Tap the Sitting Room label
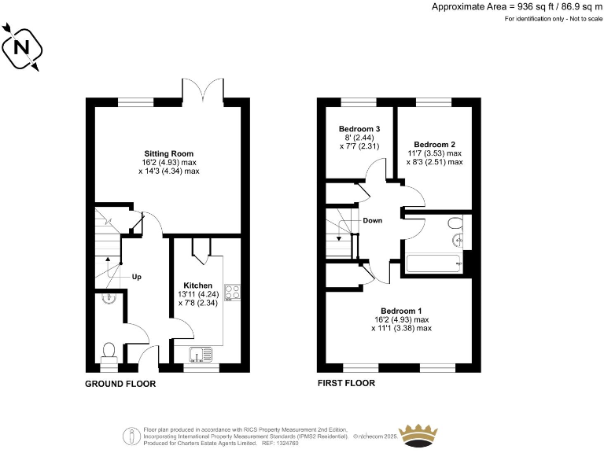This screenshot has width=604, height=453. [x=168, y=153]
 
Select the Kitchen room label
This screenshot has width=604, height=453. [x=197, y=285]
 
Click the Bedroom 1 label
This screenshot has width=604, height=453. [x=401, y=310]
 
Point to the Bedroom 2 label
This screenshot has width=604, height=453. [x=435, y=144]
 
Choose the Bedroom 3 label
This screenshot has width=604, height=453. [x=360, y=129]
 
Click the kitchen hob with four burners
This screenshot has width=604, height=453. [x=231, y=293]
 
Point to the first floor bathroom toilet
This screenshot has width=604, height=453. [x=455, y=224]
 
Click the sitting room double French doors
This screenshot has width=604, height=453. [x=203, y=89]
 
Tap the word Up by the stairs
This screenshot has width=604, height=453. [x=137, y=277]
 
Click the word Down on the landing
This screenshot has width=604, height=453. [x=373, y=220]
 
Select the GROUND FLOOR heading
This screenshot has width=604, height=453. [x=120, y=384]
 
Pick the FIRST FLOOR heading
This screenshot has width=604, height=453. [x=345, y=384]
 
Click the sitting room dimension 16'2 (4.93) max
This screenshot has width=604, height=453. [x=168, y=162]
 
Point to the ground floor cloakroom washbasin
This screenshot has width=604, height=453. [x=109, y=298]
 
